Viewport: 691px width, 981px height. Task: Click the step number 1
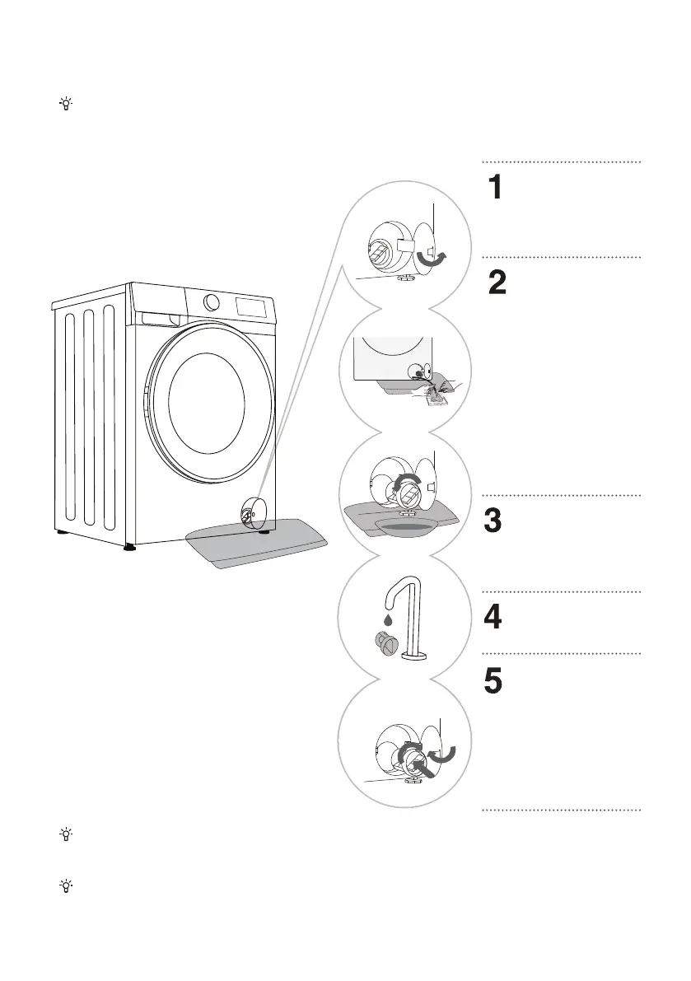(493, 189)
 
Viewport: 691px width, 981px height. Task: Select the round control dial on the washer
(212, 301)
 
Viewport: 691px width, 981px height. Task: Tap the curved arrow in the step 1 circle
(433, 260)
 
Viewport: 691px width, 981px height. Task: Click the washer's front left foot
(128, 544)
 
